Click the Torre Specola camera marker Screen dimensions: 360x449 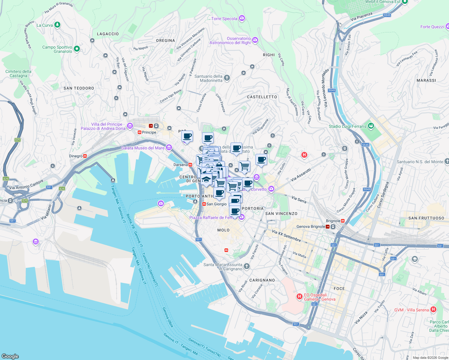tap(242, 19)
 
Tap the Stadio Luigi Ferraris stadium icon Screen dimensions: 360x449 tap(371, 126)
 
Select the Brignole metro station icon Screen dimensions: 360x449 tap(343, 221)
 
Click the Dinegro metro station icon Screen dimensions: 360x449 tap(85, 156)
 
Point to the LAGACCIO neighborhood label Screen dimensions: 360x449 tap(108, 34)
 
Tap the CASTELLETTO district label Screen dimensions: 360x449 tap(262, 97)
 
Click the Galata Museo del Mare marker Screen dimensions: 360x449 tap(169, 148)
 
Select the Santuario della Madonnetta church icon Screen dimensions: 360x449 tap(227, 78)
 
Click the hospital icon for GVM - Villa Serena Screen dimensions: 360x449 tap(433, 310)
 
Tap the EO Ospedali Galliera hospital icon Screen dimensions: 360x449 tap(299, 297)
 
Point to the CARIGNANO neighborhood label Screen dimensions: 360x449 tap(262, 280)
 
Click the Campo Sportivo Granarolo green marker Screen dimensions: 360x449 tap(77, 49)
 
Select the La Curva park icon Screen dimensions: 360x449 tap(57, 25)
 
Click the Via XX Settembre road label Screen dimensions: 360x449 tap(286, 235)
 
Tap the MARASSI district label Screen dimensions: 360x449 tap(426, 80)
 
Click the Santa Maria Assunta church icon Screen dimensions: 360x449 tap(246, 266)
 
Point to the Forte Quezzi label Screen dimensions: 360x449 tap(432, 27)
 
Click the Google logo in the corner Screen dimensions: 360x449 tap(10, 356)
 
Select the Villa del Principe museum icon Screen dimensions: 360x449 tap(130, 126)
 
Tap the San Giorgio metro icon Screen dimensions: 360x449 tap(204, 204)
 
